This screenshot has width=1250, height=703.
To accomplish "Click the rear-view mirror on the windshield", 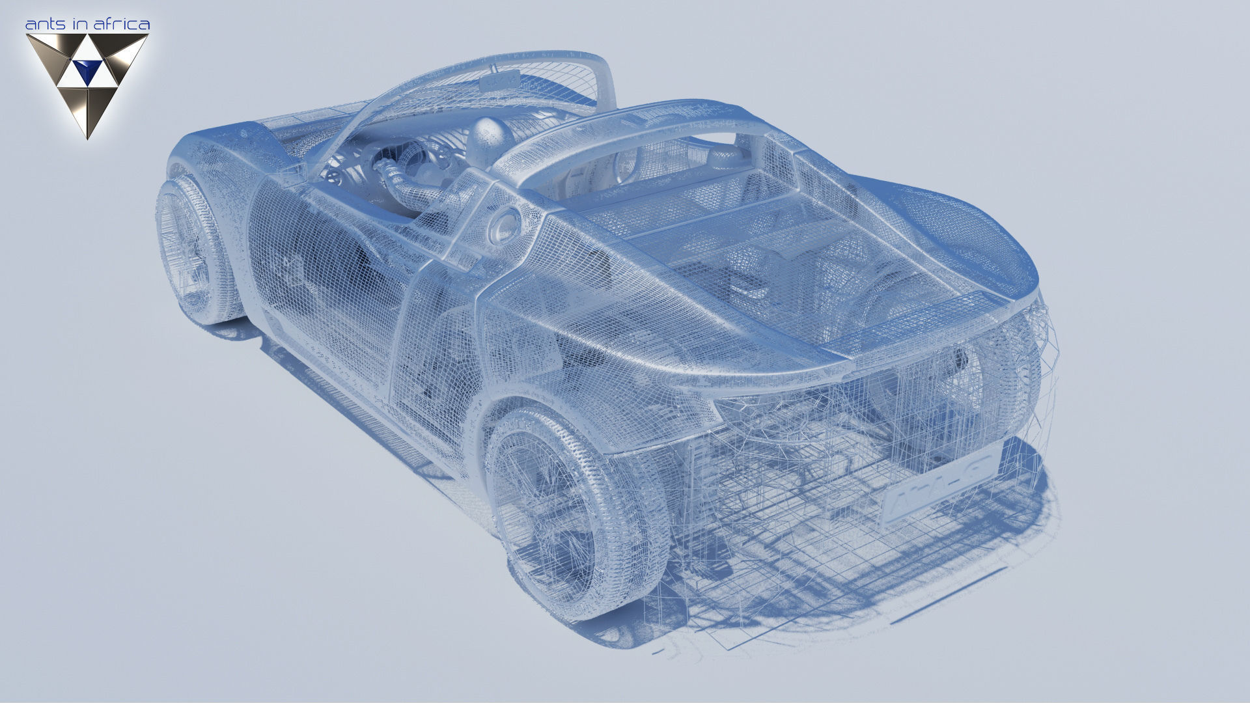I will click(x=499, y=81).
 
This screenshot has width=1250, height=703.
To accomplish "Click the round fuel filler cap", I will click(x=505, y=224).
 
